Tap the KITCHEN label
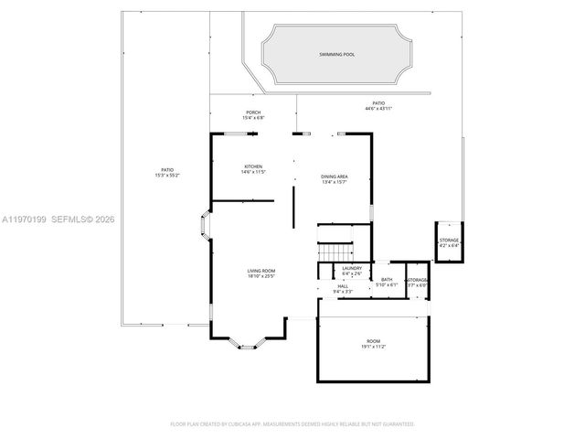[x=253, y=166]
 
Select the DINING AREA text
[x=334, y=176]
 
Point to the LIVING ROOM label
[x=261, y=271]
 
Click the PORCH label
[x=253, y=112]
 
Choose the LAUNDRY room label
[x=352, y=268]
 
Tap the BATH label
[x=387, y=279]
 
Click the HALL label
[x=343, y=286]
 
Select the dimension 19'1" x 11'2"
[x=373, y=347]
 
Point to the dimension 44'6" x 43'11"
[x=378, y=109]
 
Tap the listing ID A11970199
[x=25, y=219]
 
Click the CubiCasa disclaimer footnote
[x=292, y=423]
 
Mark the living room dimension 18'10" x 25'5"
[x=261, y=276]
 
